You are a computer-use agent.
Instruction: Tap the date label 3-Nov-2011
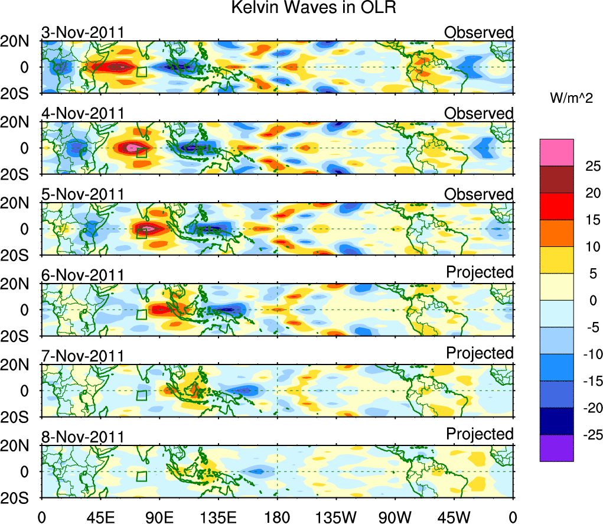[82, 32]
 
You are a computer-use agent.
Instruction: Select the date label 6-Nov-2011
[82, 275]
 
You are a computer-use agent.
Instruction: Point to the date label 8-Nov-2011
[82, 437]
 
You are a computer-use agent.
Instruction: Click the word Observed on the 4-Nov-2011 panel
[479, 113]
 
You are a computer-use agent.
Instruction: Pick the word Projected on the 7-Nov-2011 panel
[480, 353]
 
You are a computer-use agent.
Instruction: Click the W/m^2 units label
[571, 99]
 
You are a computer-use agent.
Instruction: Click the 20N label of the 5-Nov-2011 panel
[21, 203]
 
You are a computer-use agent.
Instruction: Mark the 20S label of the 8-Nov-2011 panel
[21, 497]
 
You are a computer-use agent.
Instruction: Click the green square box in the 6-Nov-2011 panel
[141, 314]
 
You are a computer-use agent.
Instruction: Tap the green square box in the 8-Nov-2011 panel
[141, 476]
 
